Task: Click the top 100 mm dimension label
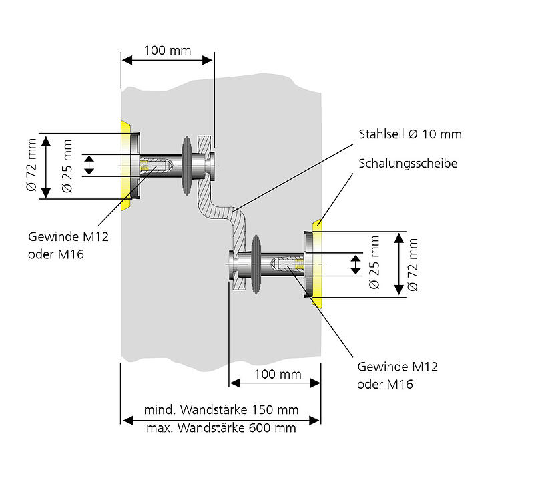166,51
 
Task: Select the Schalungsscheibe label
408,164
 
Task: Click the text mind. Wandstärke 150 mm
221,409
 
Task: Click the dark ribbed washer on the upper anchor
188,166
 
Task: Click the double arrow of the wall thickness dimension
221,419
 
